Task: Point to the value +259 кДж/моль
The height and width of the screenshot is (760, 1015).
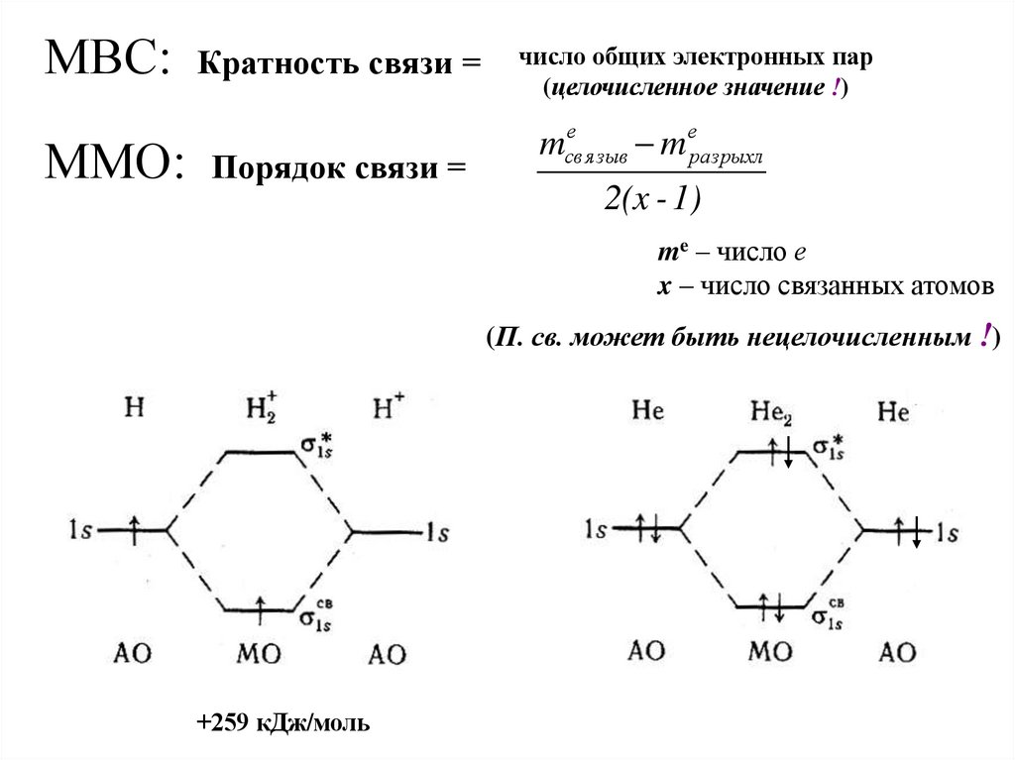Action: (283, 723)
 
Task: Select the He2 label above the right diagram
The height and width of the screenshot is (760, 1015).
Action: (770, 409)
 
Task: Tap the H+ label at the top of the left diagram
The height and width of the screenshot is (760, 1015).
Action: (388, 407)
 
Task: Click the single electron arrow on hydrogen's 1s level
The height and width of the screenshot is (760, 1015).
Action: (137, 528)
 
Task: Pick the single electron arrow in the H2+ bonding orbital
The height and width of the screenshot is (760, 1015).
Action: (261, 606)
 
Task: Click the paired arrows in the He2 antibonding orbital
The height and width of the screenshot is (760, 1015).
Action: (777, 453)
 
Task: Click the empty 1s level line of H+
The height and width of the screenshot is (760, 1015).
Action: (387, 532)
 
